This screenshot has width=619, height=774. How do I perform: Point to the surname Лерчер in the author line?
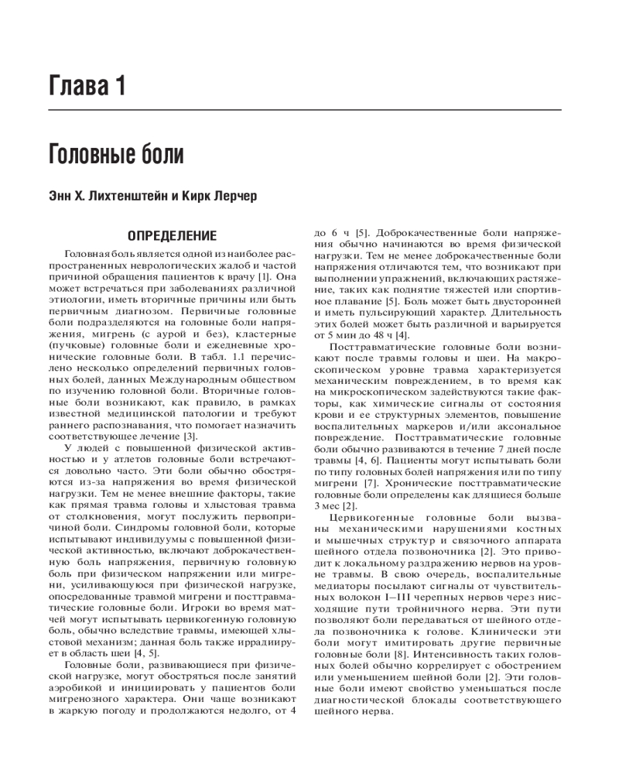pyautogui.click(x=235, y=197)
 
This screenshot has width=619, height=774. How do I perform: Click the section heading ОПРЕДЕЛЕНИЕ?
pyautogui.click(x=171, y=234)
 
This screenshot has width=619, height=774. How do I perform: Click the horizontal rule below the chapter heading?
pyautogui.click(x=309, y=111)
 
